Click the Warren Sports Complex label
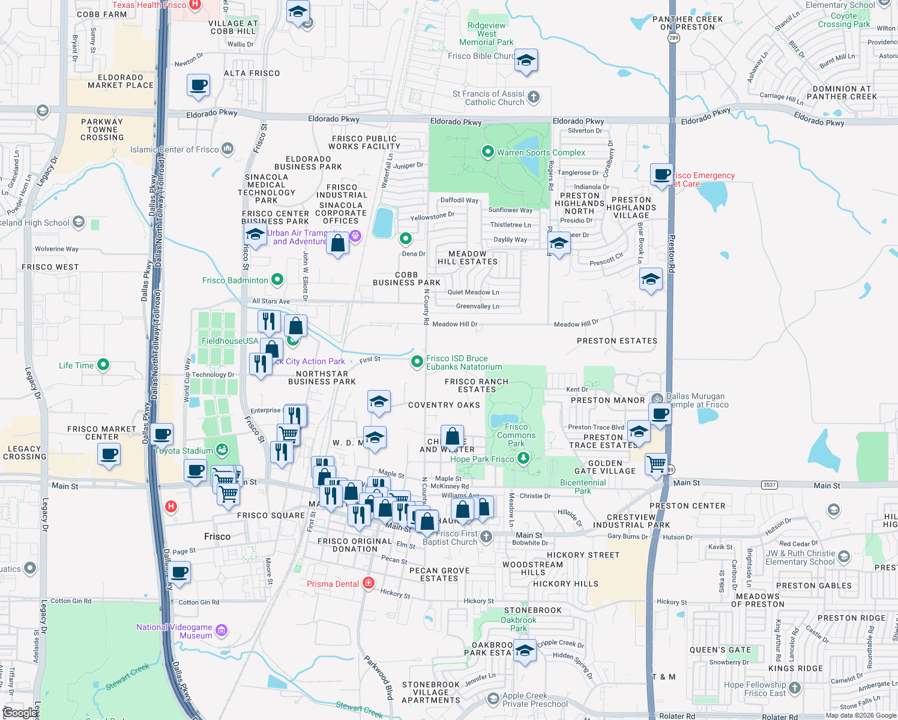[540, 152]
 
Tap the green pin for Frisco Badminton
[277, 280]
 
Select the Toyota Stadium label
[184, 451]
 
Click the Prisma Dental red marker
[369, 583]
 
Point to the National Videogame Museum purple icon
[221, 630]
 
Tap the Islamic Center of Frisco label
[174, 149]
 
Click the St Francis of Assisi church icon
[533, 97]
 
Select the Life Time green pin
[103, 364]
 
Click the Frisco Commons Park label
[516, 435]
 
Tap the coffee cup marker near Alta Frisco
[198, 85]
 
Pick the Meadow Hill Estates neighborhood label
[468, 257]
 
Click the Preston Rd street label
[672, 253]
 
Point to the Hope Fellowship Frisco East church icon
[795, 688]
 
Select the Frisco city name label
[217, 536]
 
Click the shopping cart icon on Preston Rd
[656, 463]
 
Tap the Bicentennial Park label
[582, 487]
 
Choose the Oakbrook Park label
[519, 624]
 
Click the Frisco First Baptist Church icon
[486, 536]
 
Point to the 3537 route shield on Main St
[769, 485]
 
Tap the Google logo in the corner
[20, 713]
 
